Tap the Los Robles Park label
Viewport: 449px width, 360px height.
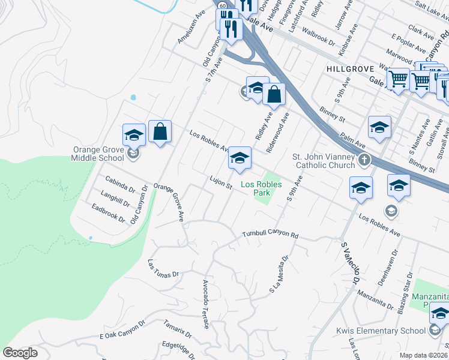tap(261, 188)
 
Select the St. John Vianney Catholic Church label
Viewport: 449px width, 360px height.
tap(323, 161)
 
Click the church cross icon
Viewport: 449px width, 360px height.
tap(364, 160)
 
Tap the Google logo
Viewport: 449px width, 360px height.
tap(20, 353)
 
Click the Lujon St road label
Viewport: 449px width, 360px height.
tap(220, 182)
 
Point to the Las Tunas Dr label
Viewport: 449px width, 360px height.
tap(163, 268)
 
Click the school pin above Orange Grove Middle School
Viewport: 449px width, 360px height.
tap(134, 134)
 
